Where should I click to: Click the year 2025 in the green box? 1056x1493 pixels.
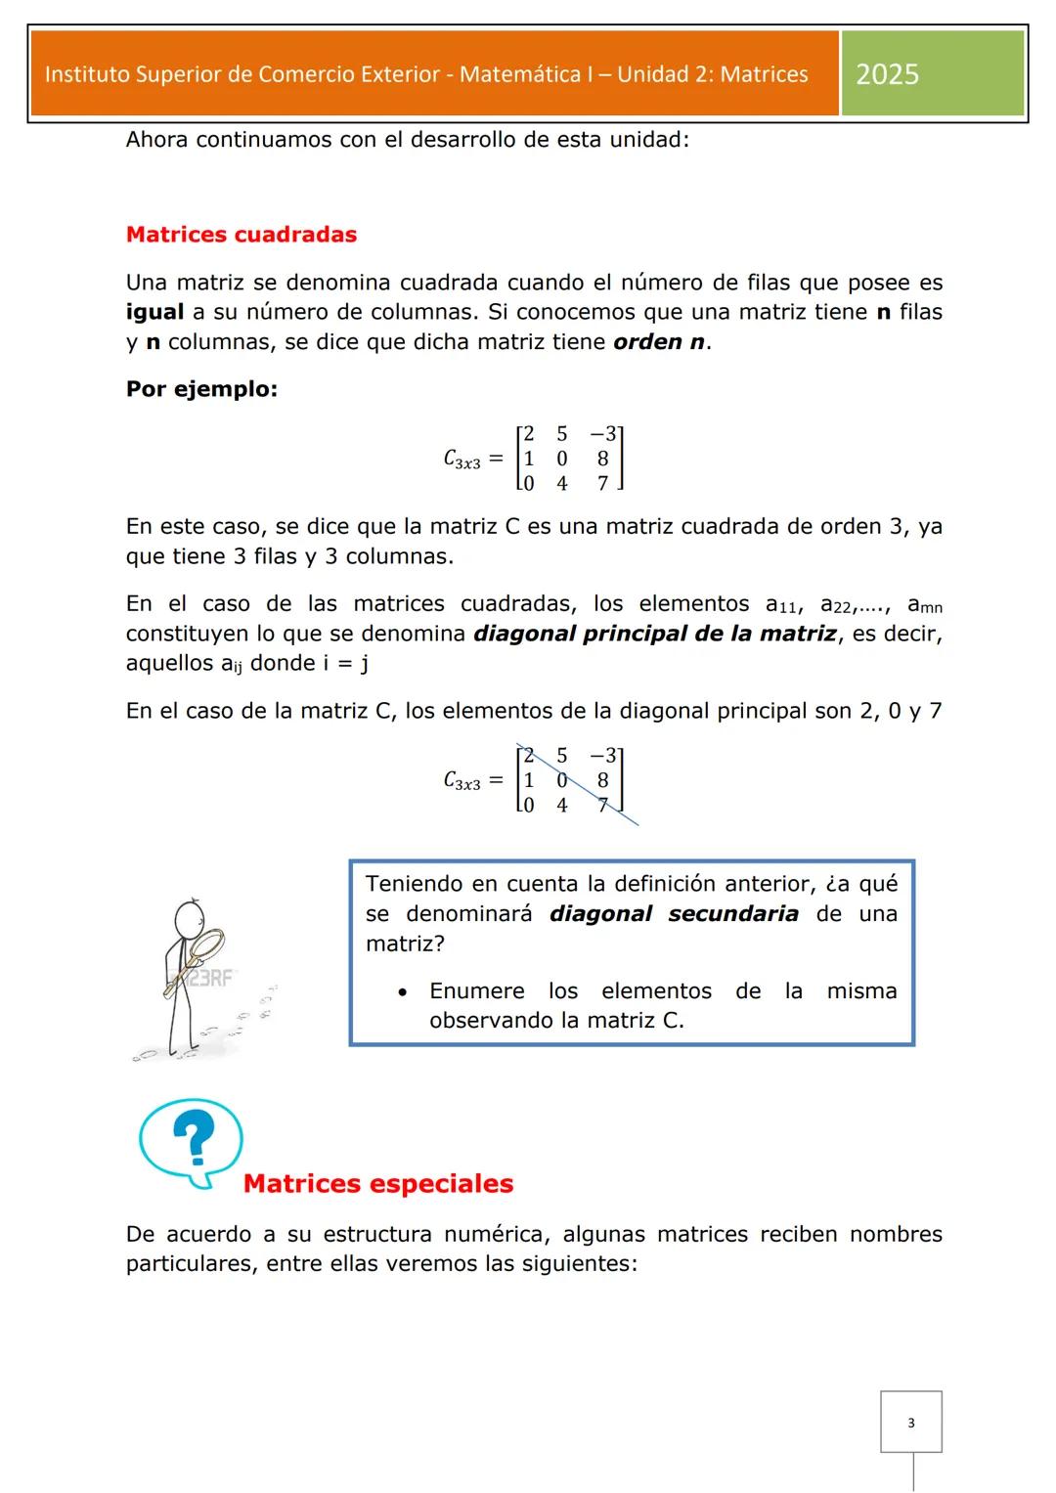point(887,74)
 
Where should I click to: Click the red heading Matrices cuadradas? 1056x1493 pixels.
point(242,235)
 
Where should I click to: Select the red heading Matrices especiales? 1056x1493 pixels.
point(378,1184)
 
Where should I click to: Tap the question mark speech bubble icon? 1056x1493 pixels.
point(192,1141)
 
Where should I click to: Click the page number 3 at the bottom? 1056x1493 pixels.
point(911,1423)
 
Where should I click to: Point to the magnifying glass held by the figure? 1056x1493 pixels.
point(206,946)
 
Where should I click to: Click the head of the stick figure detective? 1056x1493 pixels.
point(189,919)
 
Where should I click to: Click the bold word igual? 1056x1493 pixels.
point(154,312)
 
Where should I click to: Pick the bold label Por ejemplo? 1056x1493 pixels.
point(201,389)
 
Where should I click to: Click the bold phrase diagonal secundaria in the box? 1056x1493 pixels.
point(674,914)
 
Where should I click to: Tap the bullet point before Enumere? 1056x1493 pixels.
point(402,992)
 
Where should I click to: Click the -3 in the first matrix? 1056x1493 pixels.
point(602,434)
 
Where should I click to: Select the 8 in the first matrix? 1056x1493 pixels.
point(602,459)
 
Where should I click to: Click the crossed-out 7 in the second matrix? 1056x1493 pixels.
point(603,805)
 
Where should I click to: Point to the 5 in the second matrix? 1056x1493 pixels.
point(562,755)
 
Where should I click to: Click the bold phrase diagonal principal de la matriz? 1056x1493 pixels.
point(655,634)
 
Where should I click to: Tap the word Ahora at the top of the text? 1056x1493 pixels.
point(156,140)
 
